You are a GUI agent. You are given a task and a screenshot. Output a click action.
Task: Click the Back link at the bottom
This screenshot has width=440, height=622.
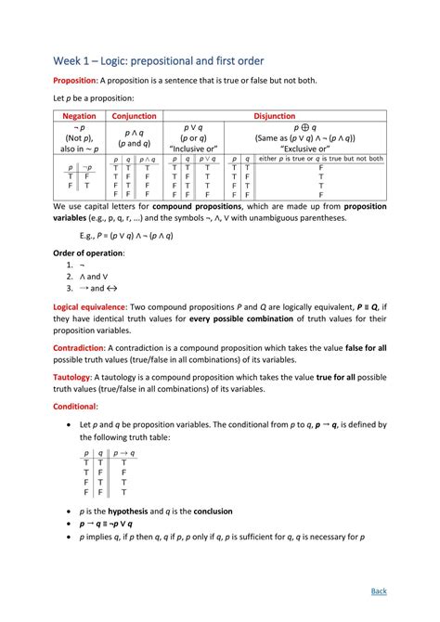click(x=379, y=590)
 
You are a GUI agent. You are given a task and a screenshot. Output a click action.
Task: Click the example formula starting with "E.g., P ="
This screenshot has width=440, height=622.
click(x=128, y=235)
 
